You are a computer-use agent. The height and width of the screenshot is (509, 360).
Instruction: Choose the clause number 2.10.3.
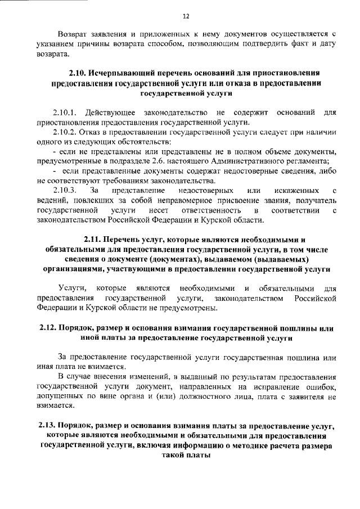66,191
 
